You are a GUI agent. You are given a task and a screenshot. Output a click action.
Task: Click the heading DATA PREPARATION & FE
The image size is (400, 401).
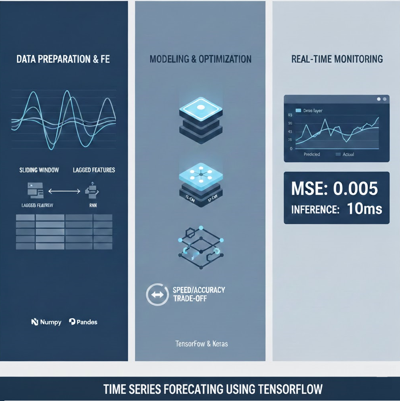click(63, 60)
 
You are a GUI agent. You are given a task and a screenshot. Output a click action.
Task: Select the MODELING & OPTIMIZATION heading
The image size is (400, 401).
click(200, 60)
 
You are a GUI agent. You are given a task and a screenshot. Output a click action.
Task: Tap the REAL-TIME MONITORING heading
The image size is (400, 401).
click(337, 60)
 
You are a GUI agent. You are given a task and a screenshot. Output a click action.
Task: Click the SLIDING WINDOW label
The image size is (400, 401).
click(39, 170)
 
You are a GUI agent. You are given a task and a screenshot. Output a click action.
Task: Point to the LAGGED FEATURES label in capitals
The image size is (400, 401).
click(94, 170)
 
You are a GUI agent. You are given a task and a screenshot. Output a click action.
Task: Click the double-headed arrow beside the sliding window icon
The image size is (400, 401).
click(64, 192)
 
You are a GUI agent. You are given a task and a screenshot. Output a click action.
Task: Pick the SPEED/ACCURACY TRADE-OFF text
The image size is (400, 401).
click(198, 294)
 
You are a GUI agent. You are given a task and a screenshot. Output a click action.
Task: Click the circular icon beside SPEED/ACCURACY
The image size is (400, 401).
click(156, 295)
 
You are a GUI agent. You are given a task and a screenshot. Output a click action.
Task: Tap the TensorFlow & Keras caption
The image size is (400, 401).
click(202, 343)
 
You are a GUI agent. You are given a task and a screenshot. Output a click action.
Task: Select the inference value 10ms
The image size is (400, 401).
click(364, 209)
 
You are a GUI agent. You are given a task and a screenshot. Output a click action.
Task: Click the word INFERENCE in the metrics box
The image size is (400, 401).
click(315, 210)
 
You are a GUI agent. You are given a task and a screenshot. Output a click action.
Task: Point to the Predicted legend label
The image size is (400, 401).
click(311, 154)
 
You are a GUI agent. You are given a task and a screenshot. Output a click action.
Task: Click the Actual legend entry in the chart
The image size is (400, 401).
click(348, 154)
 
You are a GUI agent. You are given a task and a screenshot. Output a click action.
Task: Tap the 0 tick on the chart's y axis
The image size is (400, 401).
click(291, 149)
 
